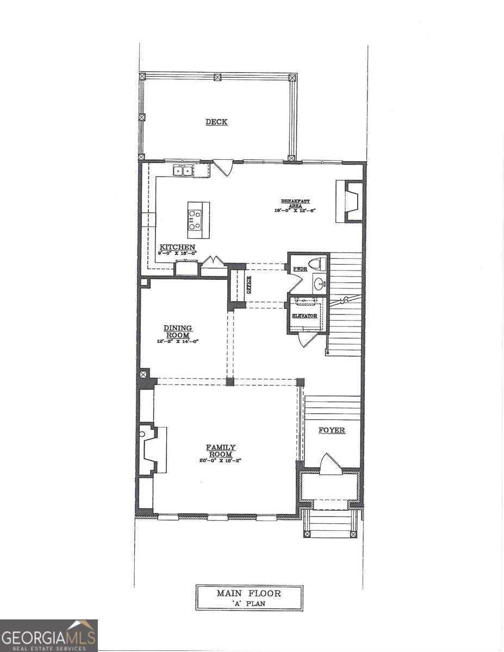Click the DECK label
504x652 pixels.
tap(216, 122)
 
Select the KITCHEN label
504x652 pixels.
tap(177, 247)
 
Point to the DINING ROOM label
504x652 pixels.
tap(178, 331)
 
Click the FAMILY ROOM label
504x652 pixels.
tap(220, 450)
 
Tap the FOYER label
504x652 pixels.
tap(332, 430)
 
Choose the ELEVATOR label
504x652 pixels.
tap(304, 316)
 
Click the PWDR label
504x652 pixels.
tap(300, 269)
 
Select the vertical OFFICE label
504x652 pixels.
tap(249, 285)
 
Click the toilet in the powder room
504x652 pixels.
tap(320, 265)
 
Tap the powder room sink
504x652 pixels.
tap(320, 283)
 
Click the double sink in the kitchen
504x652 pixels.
tap(183, 171)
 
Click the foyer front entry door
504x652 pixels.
tap(331, 464)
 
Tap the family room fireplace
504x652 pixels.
tap(150, 450)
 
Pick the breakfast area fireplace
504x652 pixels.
tap(350, 202)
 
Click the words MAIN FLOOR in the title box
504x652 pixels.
tap(250, 593)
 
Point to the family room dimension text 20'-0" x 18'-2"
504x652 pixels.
tap(220, 461)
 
